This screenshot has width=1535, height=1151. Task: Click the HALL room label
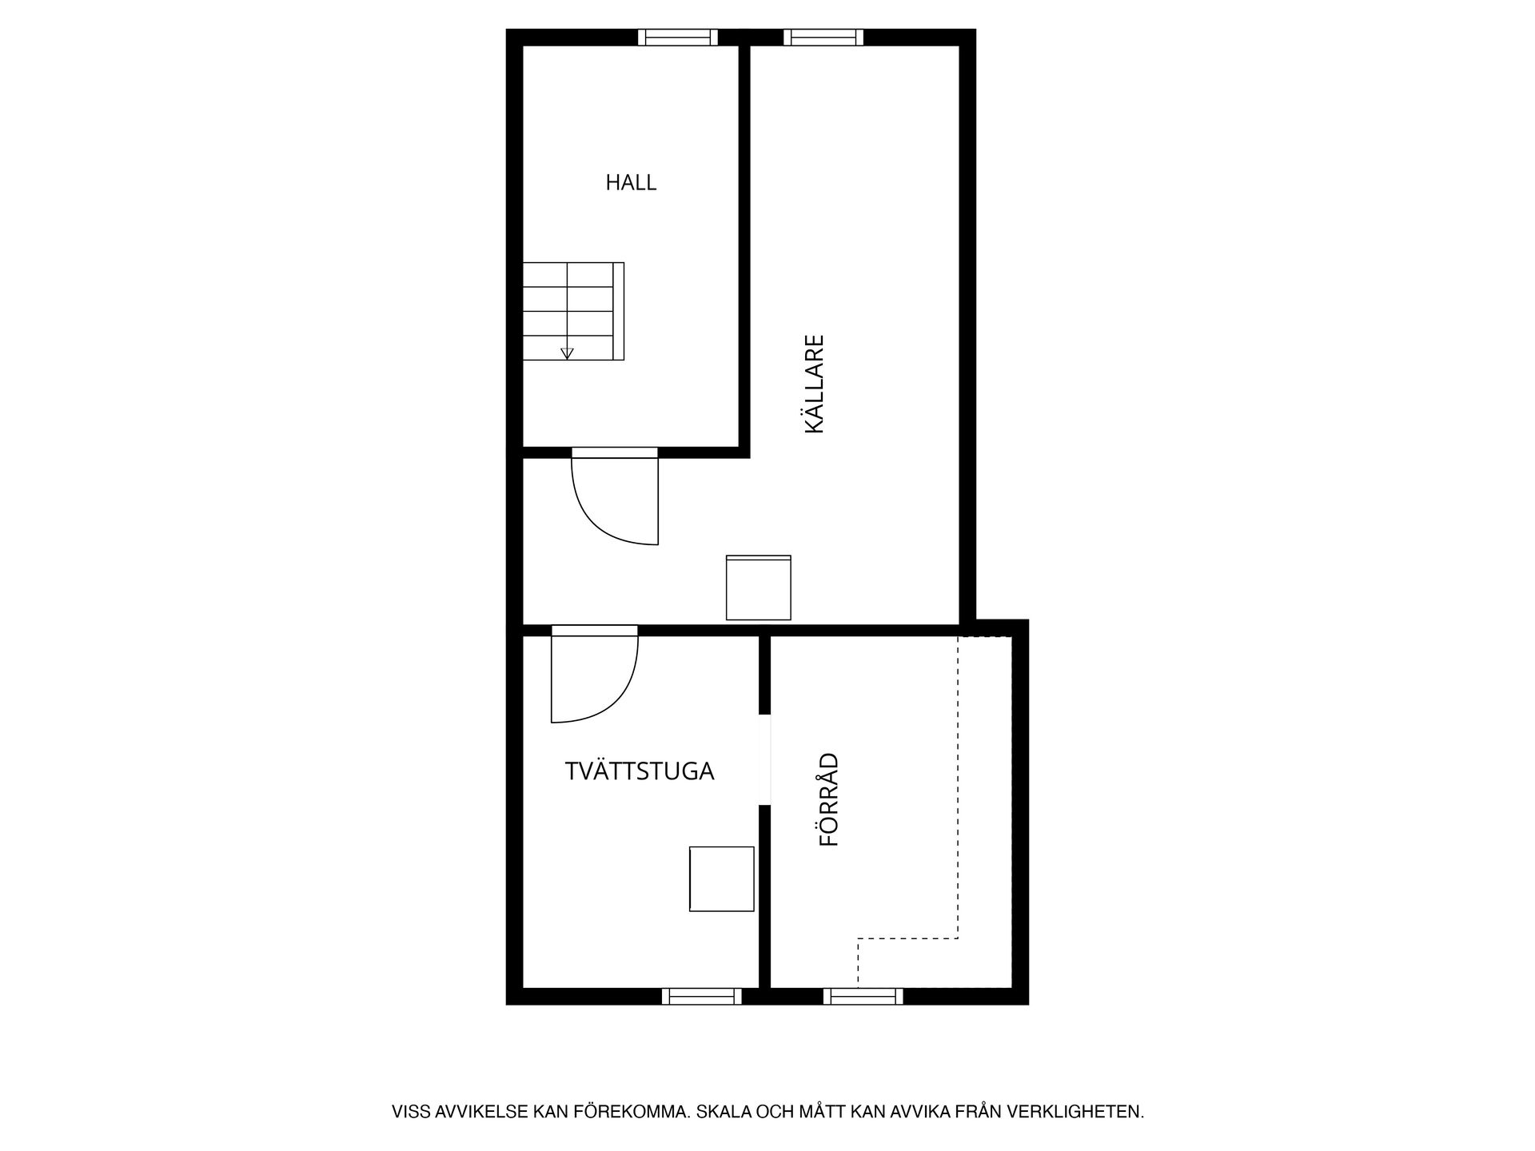[631, 183]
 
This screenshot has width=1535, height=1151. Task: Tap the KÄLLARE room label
[814, 384]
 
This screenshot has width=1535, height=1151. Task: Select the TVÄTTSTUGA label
[640, 771]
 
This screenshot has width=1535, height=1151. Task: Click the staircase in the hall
[573, 311]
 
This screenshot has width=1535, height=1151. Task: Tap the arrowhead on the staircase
[568, 354]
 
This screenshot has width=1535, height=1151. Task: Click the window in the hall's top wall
[678, 37]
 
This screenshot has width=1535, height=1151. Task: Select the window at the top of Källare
[823, 37]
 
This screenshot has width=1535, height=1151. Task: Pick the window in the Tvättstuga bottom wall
[702, 996]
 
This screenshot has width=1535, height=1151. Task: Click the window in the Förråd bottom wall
[863, 996]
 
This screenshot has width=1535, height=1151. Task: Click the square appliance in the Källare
[759, 587]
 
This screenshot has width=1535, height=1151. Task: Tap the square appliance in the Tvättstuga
[722, 879]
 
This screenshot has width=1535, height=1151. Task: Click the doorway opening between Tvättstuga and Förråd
[764, 759]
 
